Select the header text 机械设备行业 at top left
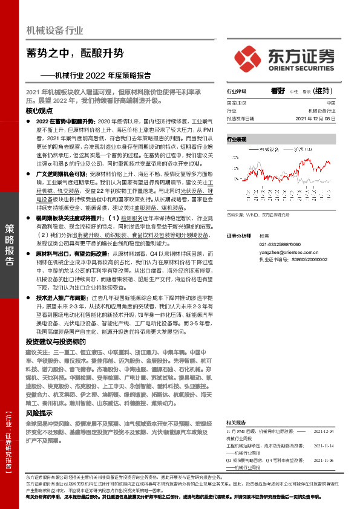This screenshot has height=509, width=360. tap(55, 30)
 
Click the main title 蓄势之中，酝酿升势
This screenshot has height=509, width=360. tap(75, 54)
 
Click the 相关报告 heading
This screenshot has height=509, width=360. tap(236, 421)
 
